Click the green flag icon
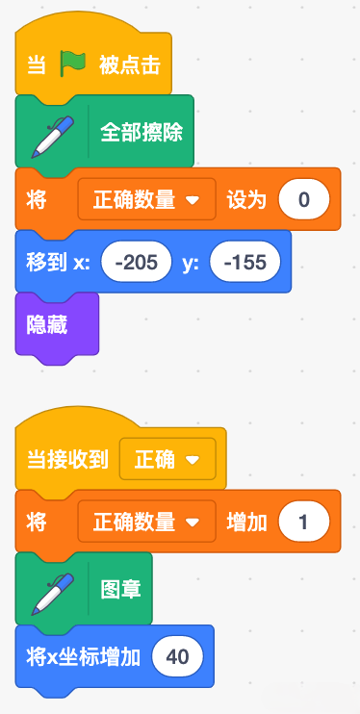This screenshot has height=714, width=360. click(73, 64)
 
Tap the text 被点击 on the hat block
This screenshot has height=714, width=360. click(130, 66)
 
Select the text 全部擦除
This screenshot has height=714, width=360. click(141, 133)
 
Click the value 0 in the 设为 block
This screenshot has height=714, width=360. click(304, 199)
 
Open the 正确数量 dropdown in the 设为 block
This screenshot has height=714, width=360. click(146, 199)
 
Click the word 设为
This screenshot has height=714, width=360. click(246, 200)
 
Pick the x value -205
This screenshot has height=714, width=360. click(137, 262)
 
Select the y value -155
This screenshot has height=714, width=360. click(245, 262)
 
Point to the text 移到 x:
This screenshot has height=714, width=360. click(58, 263)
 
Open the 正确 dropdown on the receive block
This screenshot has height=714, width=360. click(167, 459)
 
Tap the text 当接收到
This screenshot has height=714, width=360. click(68, 460)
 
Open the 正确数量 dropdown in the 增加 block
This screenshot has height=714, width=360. click(146, 522)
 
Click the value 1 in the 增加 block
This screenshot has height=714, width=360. click(304, 522)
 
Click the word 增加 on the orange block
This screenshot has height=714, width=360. click(246, 522)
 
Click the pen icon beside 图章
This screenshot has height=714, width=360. click(52, 589)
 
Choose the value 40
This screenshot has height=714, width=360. click(178, 656)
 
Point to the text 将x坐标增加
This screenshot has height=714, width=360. click(84, 657)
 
